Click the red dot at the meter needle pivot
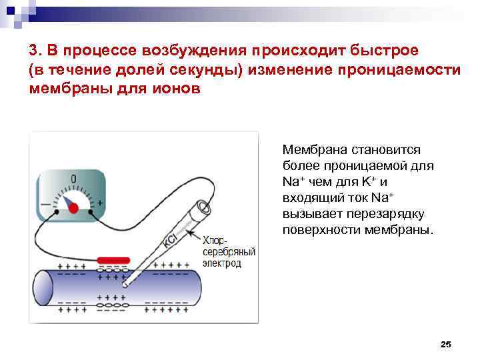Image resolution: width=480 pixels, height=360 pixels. tap(72, 207)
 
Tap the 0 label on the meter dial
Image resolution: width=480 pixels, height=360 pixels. tap(73, 179)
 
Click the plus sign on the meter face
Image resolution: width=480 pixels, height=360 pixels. tap(100, 202)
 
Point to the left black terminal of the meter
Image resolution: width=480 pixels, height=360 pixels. tap(56, 213)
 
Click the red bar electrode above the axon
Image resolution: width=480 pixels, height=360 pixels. tap(113, 260)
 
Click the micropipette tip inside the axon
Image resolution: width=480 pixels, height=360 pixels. tap(125, 285)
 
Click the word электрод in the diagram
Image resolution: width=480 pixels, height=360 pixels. tap(223, 263)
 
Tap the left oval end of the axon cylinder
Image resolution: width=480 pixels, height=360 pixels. tap(43, 287)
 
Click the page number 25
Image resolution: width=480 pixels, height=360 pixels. tap(447, 344)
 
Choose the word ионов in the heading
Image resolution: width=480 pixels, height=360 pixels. tap(173, 91)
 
